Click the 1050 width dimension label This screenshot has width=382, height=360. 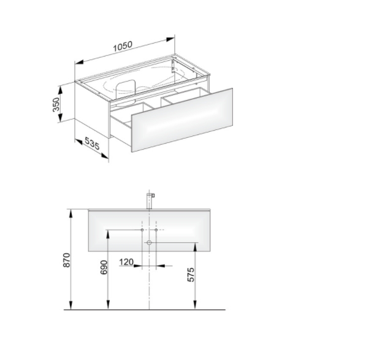tap(123, 46)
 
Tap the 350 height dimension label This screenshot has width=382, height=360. tap(56, 104)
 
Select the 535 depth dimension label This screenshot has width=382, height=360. tap(92, 143)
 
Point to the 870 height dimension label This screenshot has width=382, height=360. tap(66, 260)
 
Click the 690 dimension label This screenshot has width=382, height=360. tap(104, 267)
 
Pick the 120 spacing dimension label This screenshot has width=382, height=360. tap(126, 262)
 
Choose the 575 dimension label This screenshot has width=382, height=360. tap(191, 275)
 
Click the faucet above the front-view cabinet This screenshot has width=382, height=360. tap(150, 201)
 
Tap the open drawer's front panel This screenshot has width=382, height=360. tap(182, 120)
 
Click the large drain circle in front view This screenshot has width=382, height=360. tap(149, 242)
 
